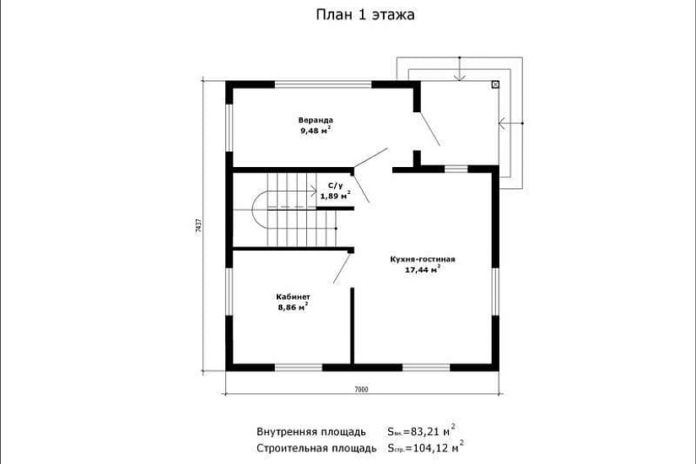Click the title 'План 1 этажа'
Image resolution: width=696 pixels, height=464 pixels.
pos(365,14)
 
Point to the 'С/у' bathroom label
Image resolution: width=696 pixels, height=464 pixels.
pos(335,185)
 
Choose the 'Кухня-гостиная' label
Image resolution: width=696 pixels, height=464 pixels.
pos(423,259)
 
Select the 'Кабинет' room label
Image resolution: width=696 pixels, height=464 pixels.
pos(293,297)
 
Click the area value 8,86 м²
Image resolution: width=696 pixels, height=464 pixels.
pos(292,308)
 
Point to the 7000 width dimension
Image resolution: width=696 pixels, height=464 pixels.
pos(361,389)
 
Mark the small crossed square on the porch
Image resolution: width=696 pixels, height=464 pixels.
pos(494,84)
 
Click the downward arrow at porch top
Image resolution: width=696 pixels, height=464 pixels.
pos(458,75)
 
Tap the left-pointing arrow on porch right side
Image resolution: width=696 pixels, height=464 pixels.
pos(505,124)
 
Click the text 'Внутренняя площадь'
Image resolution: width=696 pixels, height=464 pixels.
pos(310,432)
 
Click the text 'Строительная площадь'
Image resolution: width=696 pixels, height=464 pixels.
pos(316,448)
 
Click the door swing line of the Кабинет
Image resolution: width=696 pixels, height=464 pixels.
pos(342,267)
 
